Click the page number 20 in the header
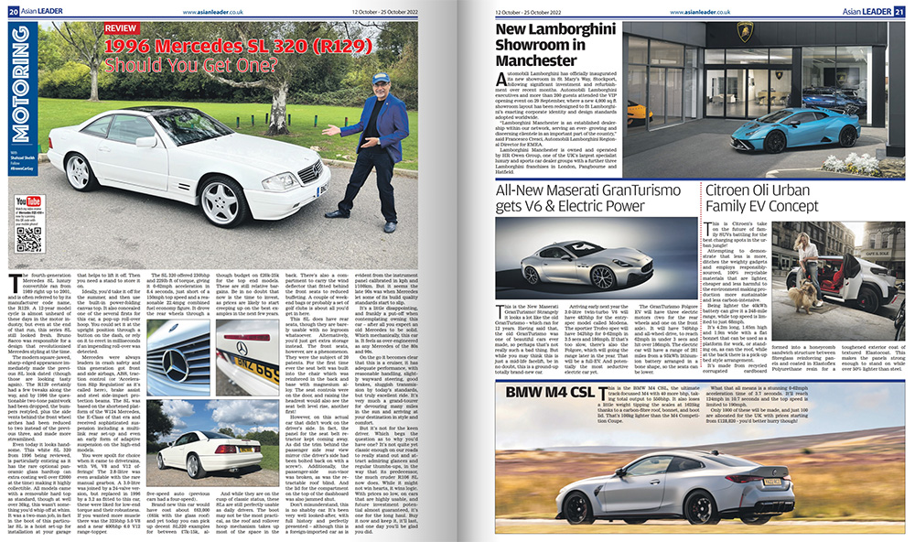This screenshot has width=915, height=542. (x=14, y=11)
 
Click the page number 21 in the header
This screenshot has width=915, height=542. (x=900, y=11)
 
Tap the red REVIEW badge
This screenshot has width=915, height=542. (x=124, y=28)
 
